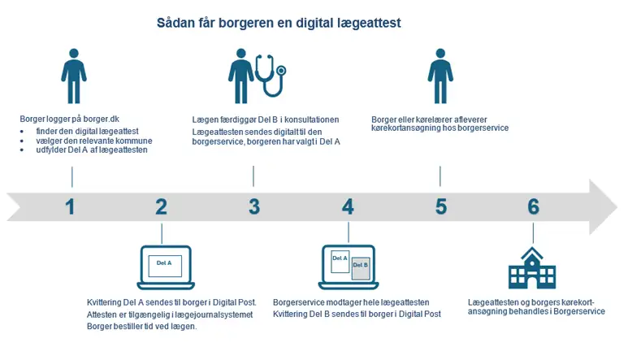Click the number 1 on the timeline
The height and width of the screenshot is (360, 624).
coord(71,206)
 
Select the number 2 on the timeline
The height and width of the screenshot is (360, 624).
coord(161,206)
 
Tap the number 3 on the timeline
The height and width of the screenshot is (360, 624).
coord(254,206)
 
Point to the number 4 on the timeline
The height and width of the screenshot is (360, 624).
coord(348,206)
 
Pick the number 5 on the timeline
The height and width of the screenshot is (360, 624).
coord(440,206)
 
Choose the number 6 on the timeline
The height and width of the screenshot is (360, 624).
coord(533,206)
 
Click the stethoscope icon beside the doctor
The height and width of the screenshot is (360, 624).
coord(271,75)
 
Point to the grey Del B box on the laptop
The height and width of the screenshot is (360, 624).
coord(361,268)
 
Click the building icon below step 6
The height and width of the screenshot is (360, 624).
coord(532,269)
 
